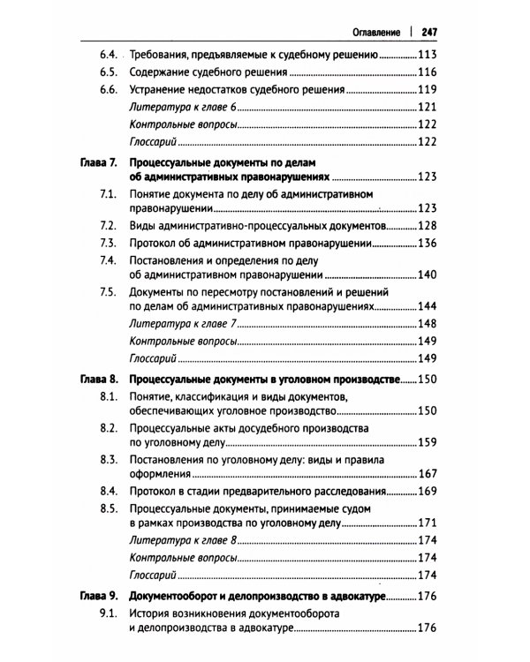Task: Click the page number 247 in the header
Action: coord(430,32)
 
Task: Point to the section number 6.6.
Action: coord(109,91)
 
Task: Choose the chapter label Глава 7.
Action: coord(98,164)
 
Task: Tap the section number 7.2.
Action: coord(109,227)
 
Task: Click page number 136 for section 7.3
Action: coord(428,244)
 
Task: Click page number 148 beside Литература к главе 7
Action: coord(428,325)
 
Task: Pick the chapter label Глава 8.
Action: coord(98,380)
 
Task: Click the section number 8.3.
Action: coord(109,460)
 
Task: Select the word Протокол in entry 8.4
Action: coord(155,491)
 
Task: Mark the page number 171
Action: coord(428,523)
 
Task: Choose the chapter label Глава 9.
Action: coord(98,597)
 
